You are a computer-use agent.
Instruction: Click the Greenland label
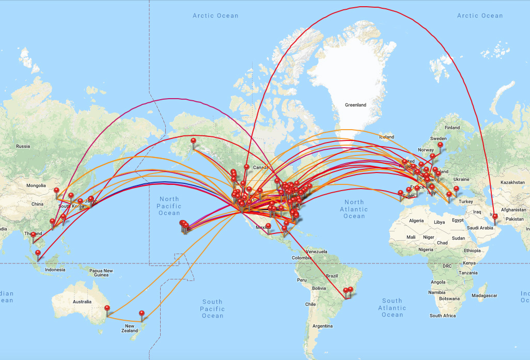355,105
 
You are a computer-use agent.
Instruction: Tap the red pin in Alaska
194,142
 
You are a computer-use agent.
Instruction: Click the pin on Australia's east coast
107,309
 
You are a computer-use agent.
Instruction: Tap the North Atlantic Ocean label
354,209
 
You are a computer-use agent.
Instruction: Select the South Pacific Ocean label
212,308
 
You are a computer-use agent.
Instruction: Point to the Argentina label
322,326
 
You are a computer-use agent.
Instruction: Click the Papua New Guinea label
101,273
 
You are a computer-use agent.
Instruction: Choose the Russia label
23,146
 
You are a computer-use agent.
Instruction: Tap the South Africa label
443,316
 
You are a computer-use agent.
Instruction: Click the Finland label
452,128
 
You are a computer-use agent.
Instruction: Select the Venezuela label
317,252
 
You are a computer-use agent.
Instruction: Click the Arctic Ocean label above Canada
215,15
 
